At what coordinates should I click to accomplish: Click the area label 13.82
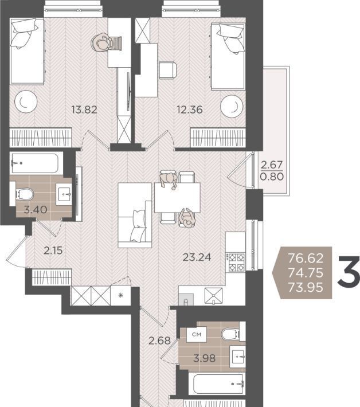[84, 109]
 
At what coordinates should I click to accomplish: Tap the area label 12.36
[190, 109]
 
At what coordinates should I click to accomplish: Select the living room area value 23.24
[197, 257]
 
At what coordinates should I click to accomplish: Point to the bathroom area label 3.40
[36, 209]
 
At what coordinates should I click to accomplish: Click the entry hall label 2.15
[53, 251]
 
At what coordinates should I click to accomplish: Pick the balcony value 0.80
[272, 177]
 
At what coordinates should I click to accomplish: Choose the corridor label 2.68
[159, 341]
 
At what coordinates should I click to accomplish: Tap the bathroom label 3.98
[204, 358]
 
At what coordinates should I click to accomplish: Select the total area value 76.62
[306, 258]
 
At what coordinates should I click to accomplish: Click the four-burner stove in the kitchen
[236, 262]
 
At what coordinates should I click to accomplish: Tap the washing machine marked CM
[197, 335]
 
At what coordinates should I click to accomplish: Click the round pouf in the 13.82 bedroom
[26, 101]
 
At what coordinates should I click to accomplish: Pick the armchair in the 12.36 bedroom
[167, 70]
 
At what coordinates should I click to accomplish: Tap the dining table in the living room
[177, 198]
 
